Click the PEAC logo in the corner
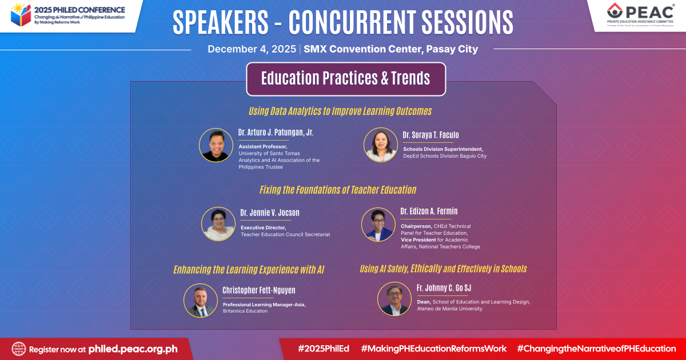640,15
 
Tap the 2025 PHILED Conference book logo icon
21,15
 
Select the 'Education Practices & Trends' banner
346,79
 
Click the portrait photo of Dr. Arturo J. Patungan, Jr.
216,145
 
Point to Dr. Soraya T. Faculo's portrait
381,145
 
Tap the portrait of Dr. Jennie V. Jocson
218,224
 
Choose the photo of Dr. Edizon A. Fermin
378,225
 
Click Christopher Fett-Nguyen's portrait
201,301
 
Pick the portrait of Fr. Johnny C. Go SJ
394,299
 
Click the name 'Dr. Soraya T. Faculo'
430,135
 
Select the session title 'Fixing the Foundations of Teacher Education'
338,190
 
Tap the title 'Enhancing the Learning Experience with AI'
249,269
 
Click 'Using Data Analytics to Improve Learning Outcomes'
340,111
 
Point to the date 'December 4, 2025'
252,49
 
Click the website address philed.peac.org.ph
133,349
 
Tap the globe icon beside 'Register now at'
19,349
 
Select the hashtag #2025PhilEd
324,349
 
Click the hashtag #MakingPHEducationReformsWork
434,349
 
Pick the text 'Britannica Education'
245,311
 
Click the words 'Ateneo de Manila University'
449,309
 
